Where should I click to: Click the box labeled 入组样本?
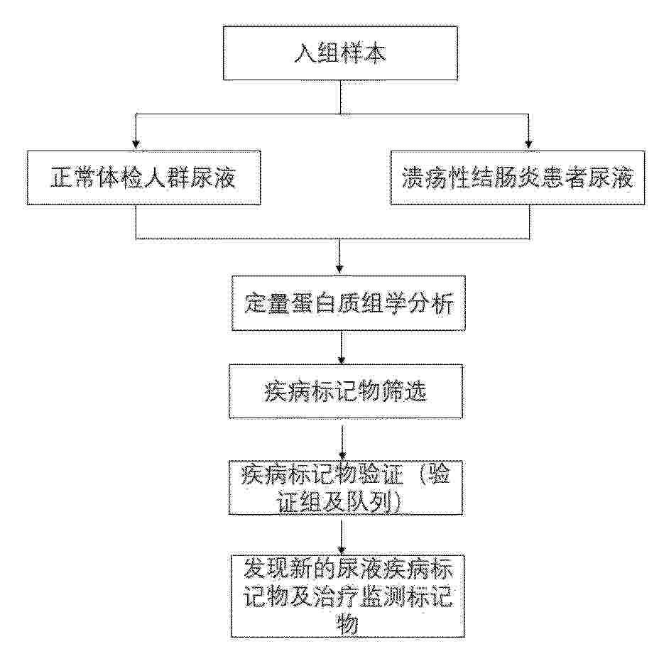[x=340, y=53]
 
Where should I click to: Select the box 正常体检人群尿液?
[x=143, y=178]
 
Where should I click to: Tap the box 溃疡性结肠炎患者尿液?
[x=518, y=178]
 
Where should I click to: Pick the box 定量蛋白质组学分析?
[x=349, y=303]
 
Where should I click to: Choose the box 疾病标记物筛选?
[x=345, y=391]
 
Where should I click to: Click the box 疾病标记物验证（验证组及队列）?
[x=345, y=488]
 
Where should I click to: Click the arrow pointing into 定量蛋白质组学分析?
[x=339, y=257]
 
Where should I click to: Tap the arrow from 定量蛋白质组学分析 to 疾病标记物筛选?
[x=342, y=348]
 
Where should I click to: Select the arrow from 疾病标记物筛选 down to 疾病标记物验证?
[x=342, y=443]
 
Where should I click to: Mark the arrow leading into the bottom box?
[x=342, y=538]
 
